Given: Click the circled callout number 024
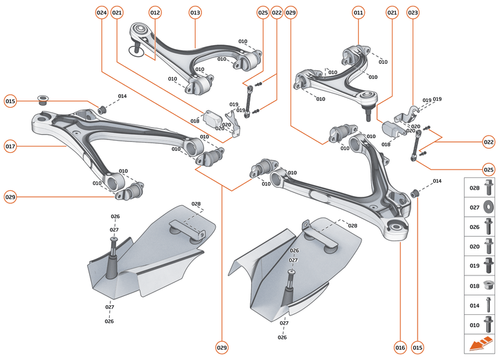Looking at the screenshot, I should [101, 12].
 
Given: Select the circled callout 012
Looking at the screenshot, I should [155, 12].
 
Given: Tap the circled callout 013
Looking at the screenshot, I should [195, 12].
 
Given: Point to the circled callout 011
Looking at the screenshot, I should [358, 12].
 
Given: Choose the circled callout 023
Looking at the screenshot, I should [412, 12].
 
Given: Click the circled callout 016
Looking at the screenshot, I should [400, 348].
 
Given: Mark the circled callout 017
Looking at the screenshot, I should [10, 146].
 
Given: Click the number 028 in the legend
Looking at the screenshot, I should [474, 188].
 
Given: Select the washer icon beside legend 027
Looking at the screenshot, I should [489, 207].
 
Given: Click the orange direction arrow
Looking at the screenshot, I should [480, 345].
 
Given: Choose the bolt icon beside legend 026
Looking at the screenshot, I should [489, 226].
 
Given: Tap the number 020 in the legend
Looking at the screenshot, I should [474, 246].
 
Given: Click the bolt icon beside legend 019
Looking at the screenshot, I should [489, 265].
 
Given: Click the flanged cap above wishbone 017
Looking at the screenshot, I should [44, 100].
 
